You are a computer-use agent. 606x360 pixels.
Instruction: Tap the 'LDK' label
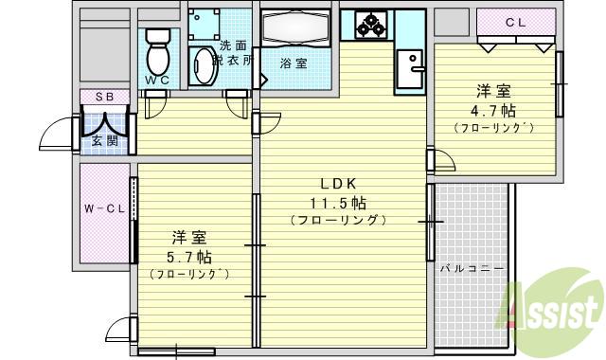[x=337, y=184]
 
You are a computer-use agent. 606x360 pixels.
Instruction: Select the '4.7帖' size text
[x=494, y=111]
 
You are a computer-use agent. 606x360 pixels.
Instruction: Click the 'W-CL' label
[x=98, y=208]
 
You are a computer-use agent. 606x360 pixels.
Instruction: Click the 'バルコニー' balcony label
[x=472, y=268]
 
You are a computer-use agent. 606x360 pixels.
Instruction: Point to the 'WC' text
[x=157, y=80]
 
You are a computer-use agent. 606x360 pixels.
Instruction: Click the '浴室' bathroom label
[x=294, y=63]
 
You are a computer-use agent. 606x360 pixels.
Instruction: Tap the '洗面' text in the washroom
[x=232, y=45]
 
